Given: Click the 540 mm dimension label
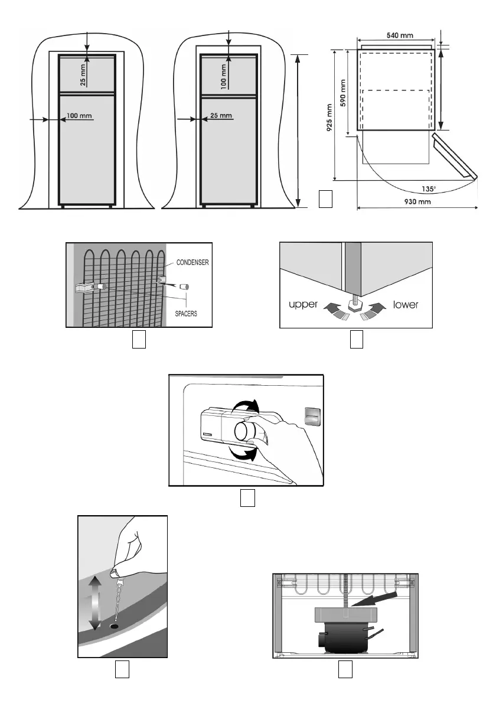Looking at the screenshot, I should (x=400, y=35).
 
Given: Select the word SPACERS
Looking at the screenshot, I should (x=185, y=314).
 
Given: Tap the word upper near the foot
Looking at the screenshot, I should (x=304, y=305).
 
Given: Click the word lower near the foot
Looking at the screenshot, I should (x=406, y=305).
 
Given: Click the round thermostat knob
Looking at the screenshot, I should (x=244, y=432).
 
